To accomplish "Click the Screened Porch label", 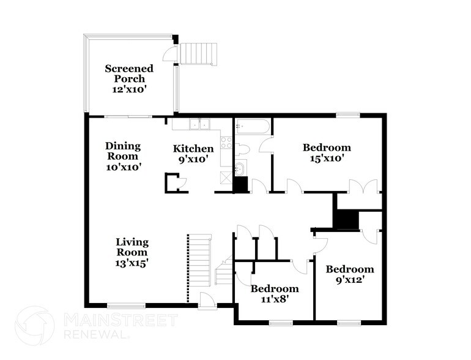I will [128, 78].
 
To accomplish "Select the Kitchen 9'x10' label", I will [193, 154].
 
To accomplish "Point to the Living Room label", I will [132, 252].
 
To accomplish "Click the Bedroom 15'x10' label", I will [327, 152].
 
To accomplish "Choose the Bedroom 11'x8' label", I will [275, 294].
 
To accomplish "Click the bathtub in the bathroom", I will [251, 127].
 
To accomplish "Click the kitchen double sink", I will [199, 124].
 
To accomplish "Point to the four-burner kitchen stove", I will [226, 143].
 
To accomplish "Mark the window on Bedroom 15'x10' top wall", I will [347, 114].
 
